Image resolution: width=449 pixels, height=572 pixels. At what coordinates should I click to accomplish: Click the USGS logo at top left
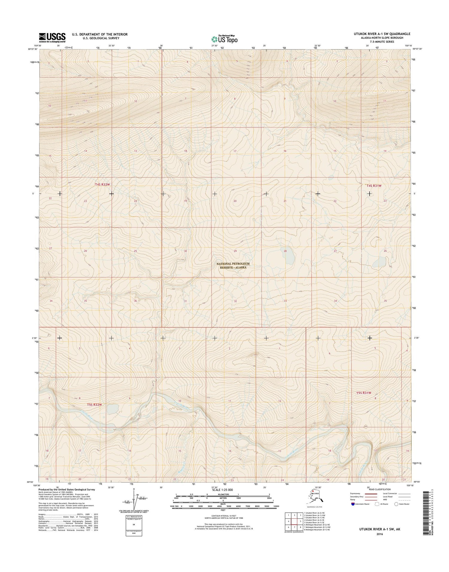coord(52,37)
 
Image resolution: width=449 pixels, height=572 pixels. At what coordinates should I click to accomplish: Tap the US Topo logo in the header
coord(224,39)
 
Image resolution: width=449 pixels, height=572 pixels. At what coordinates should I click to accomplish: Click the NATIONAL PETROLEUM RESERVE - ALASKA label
coord(233,265)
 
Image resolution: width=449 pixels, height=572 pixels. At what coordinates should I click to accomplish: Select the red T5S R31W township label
coord(364,393)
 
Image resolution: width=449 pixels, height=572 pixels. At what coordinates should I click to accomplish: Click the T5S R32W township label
coord(95,405)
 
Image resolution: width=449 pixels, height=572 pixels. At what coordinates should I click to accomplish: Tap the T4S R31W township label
coord(374,186)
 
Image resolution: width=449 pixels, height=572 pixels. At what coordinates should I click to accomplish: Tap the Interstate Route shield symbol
coord(353,504)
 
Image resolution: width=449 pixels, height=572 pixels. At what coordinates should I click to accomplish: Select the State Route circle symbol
coord(396,504)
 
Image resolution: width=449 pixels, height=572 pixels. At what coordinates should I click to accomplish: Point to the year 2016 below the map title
coord(380,534)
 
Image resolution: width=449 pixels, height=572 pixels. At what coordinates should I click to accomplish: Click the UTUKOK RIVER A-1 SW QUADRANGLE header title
coord(382,34)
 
